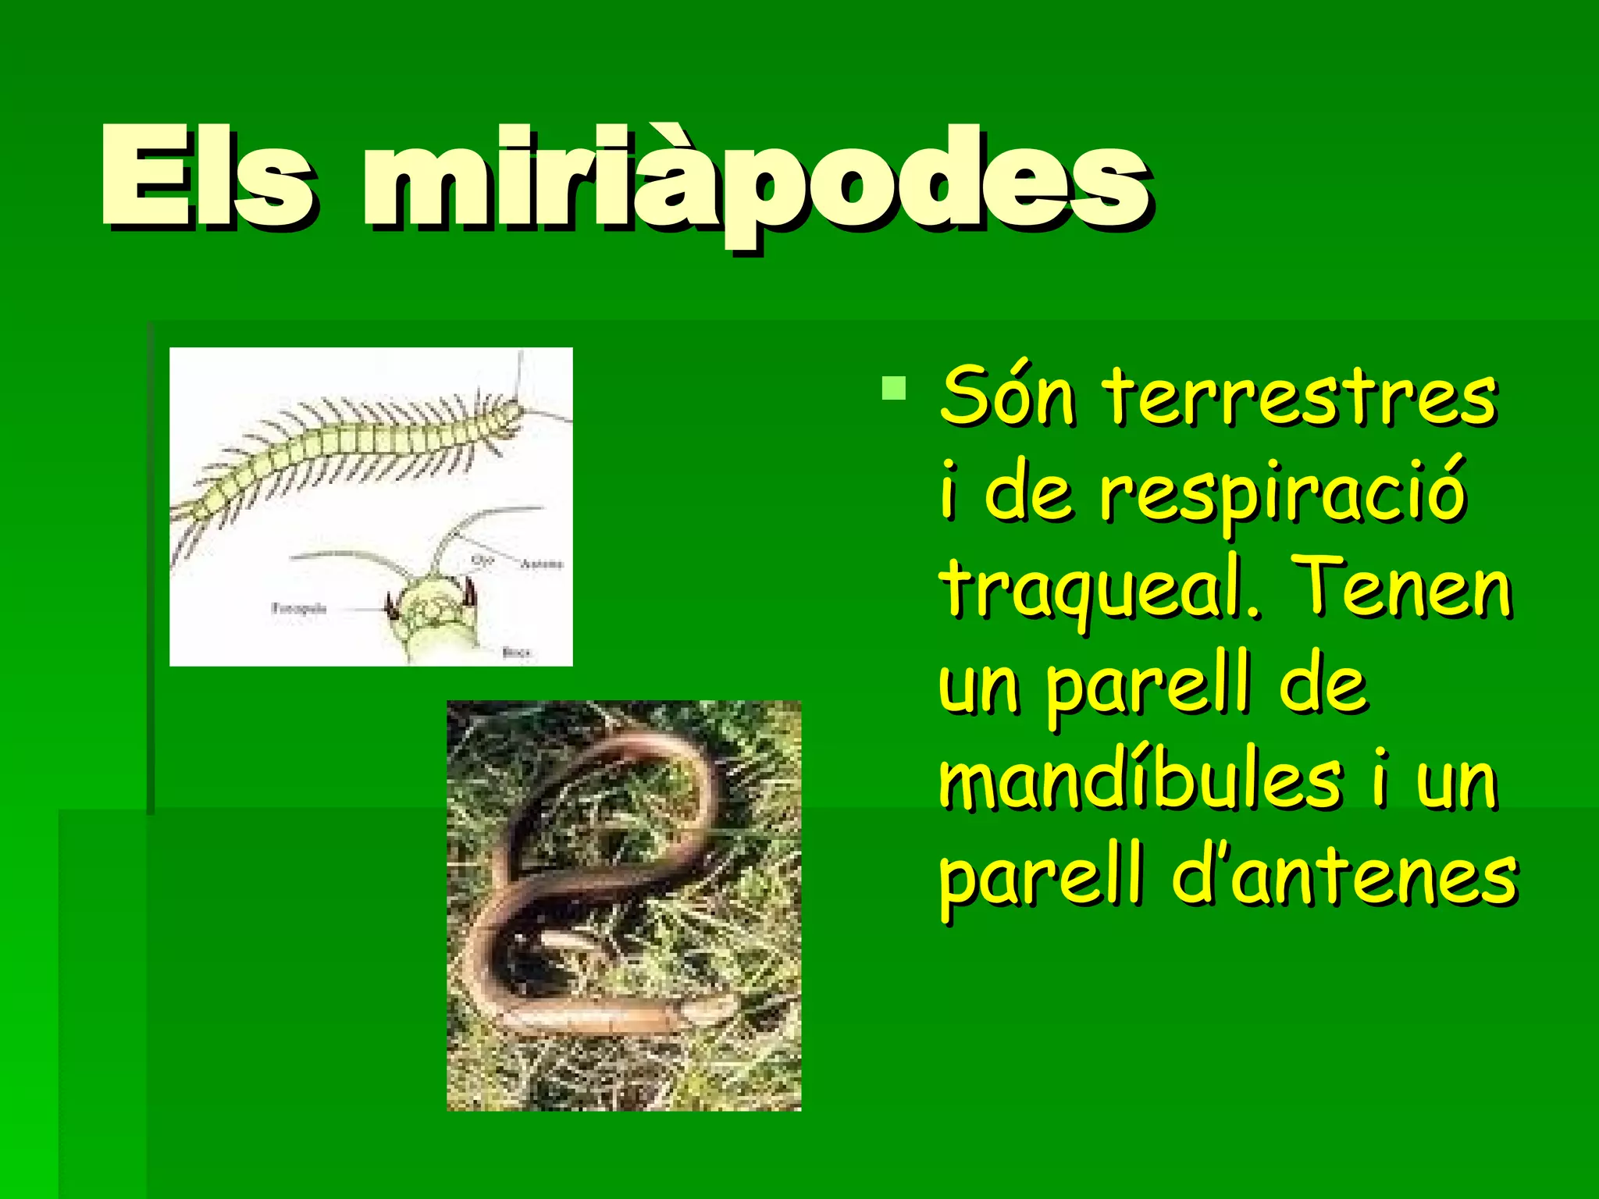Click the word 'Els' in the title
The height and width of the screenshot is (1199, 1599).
pos(207,178)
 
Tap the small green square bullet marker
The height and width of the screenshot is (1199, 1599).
pos(893,388)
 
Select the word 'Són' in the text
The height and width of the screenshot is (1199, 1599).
pos(1008,398)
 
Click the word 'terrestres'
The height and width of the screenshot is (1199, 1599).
pos(1301,398)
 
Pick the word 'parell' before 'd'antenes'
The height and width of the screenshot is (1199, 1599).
pos(1042,877)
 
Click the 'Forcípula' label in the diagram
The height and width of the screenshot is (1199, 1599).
pos(298,608)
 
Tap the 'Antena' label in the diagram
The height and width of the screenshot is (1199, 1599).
pos(541,564)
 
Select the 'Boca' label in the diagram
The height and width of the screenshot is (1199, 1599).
pos(516,651)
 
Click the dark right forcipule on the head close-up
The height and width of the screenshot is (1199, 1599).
pos(469,594)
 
